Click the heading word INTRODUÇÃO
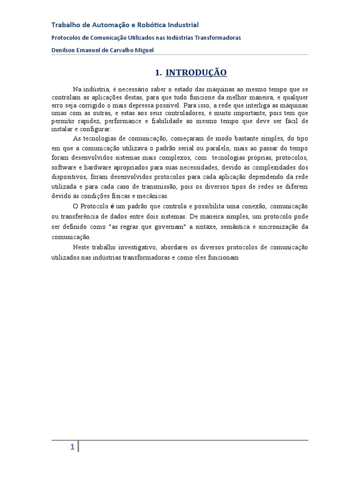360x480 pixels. (196, 72)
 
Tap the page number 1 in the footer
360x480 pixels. (72, 447)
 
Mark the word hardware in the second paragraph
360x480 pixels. (97, 167)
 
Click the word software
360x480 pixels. (64, 167)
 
